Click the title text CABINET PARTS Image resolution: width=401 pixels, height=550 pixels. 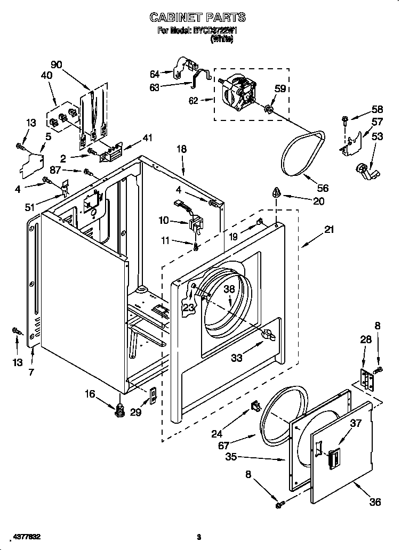(x=198, y=18)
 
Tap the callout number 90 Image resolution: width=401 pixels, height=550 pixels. (x=56, y=65)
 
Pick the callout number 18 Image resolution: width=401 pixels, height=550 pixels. (x=182, y=149)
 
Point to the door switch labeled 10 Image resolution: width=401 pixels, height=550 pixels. (x=195, y=223)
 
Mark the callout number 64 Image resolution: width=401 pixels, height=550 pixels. (x=155, y=74)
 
